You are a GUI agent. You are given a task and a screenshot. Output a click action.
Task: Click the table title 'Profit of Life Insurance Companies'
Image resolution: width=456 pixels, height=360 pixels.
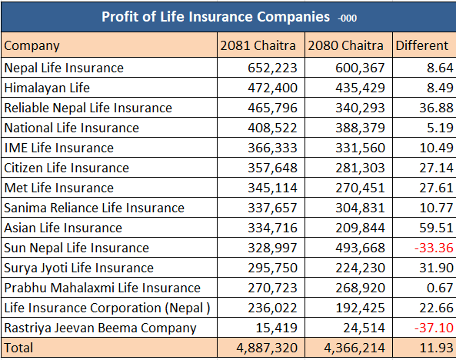(215, 17)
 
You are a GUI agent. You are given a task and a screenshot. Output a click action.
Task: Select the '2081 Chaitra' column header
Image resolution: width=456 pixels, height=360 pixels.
(258, 45)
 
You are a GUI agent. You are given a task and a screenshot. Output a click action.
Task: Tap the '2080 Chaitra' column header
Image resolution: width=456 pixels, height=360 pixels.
(345, 45)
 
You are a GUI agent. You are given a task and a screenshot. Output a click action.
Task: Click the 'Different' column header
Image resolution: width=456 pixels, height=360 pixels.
(421, 45)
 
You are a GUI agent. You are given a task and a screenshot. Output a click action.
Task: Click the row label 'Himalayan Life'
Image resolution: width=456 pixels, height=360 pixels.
(47, 88)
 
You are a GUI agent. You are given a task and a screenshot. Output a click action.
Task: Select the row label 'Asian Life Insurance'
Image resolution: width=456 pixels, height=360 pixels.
(63, 228)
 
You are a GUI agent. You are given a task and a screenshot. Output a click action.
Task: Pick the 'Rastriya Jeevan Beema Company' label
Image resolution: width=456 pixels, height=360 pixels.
(100, 328)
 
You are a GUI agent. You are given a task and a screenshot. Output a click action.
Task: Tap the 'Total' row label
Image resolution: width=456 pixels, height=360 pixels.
(18, 348)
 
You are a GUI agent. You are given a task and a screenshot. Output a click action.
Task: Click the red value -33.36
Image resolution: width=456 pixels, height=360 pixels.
(434, 248)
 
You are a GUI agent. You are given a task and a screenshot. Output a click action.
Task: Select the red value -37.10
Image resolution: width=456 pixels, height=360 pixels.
(434, 328)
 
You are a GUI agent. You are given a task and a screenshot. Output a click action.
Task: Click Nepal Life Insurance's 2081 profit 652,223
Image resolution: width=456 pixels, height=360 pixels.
(272, 68)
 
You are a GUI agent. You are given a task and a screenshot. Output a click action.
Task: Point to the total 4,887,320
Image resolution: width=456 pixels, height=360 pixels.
(267, 348)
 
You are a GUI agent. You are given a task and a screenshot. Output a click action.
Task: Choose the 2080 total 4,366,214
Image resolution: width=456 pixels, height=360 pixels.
(354, 348)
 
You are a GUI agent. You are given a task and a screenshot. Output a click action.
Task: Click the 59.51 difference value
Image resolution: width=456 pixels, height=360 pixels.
(436, 228)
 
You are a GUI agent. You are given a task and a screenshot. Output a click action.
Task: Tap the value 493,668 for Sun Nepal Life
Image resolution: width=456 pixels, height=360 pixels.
(360, 248)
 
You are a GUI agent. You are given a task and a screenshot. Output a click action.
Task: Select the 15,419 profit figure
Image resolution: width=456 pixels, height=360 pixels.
(276, 328)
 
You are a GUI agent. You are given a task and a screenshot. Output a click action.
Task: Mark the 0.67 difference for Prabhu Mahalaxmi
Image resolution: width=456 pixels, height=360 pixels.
(440, 288)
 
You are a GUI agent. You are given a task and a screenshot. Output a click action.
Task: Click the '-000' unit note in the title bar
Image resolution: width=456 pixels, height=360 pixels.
(347, 18)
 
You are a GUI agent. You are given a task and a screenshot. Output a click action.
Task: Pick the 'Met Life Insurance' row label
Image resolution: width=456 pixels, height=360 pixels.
(58, 188)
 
